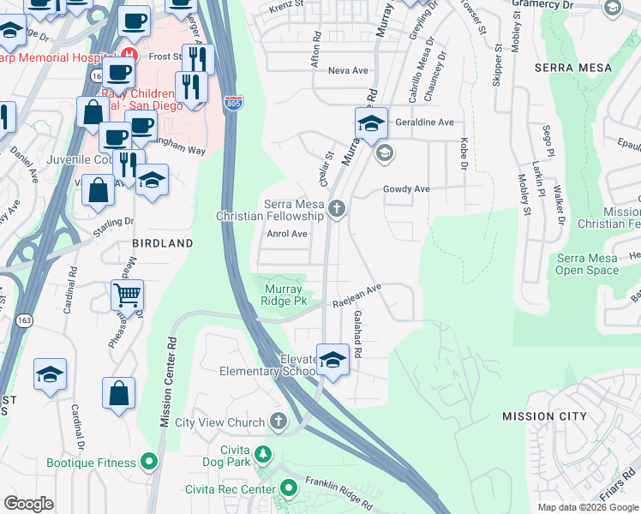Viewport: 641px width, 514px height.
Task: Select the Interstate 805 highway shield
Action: pyautogui.click(x=233, y=104)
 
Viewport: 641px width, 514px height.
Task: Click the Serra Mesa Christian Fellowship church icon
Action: pyautogui.click(x=338, y=208)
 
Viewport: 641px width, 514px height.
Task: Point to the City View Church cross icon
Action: pyautogui.click(x=278, y=421)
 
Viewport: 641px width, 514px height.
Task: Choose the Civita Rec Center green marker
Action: pyautogui.click(x=289, y=489)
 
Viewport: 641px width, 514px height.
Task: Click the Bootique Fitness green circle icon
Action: pyautogui.click(x=150, y=463)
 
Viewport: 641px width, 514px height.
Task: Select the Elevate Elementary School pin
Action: pyautogui.click(x=332, y=361)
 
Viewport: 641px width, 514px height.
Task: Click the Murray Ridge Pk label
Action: pyautogui.click(x=284, y=296)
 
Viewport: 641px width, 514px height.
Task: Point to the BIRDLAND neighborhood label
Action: pyautogui.click(x=163, y=243)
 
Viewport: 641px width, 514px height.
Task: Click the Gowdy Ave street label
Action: pyautogui.click(x=406, y=188)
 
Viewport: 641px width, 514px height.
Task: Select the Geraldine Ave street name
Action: pyautogui.click(x=424, y=123)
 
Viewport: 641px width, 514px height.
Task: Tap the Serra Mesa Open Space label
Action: pyautogui.click(x=587, y=264)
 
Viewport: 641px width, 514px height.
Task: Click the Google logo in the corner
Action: pyautogui.click(x=28, y=504)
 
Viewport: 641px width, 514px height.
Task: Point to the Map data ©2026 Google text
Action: pyautogui.click(x=587, y=507)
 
